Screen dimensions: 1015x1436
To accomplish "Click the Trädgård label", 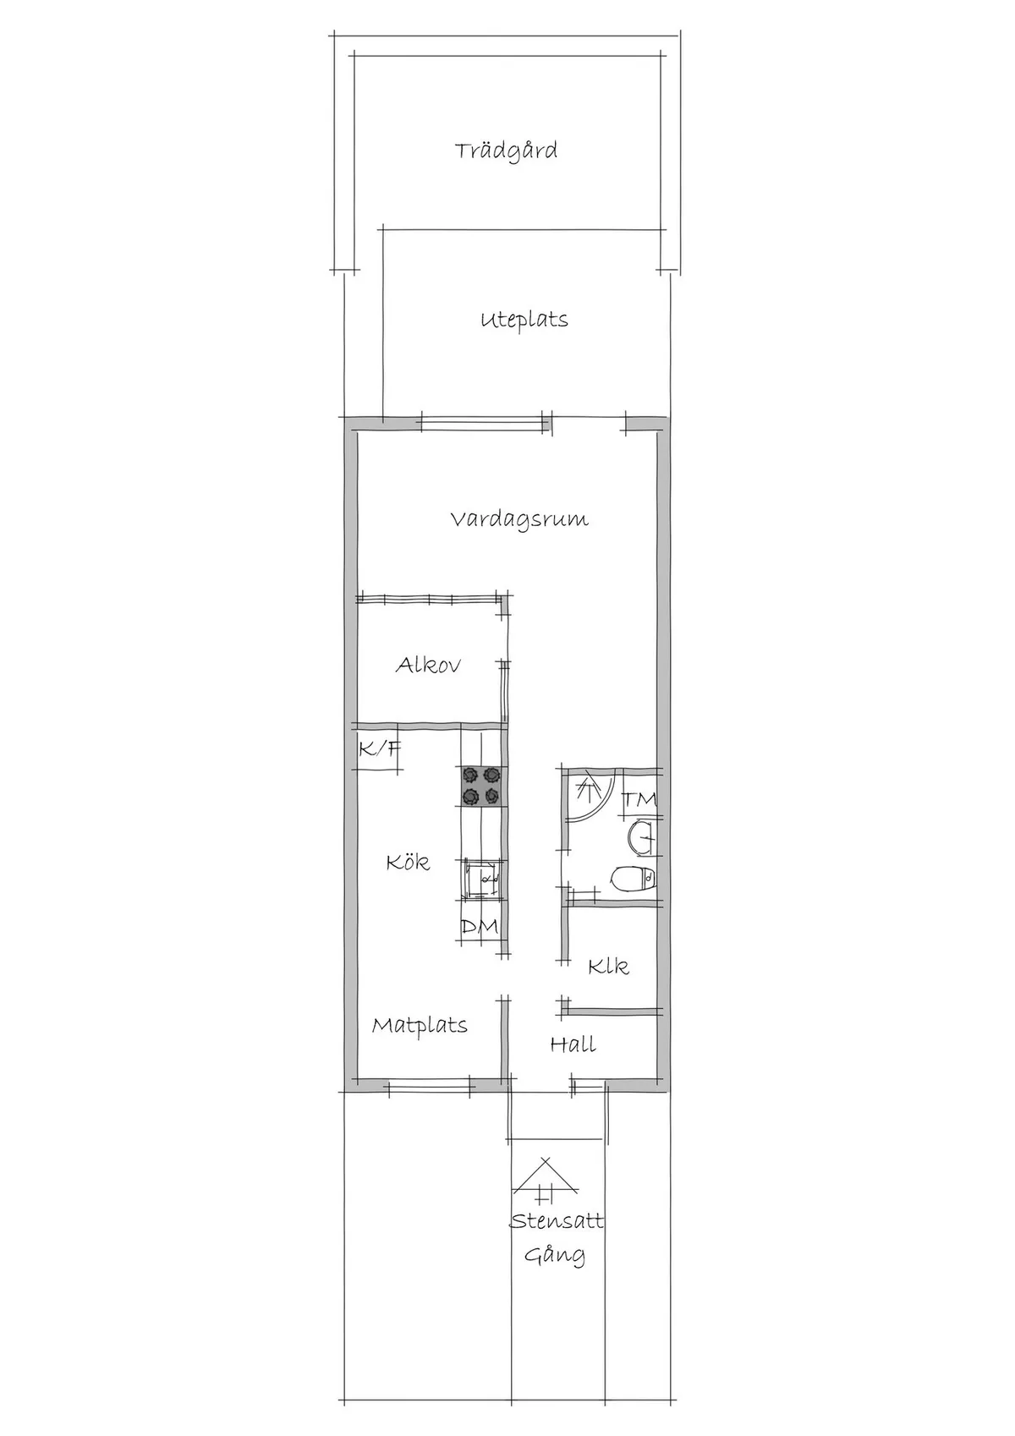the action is pyautogui.click(x=506, y=152).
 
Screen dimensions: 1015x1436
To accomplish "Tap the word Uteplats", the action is pyautogui.click(x=524, y=320).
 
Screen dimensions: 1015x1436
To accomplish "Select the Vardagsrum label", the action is pyautogui.click(x=519, y=520).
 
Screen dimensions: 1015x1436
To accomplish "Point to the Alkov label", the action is pyautogui.click(x=428, y=665).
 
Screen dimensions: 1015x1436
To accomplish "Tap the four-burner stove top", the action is pyautogui.click(x=483, y=786).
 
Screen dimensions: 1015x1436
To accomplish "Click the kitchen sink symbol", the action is pyautogui.click(x=482, y=880).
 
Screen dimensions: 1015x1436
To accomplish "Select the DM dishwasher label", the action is pyautogui.click(x=480, y=927).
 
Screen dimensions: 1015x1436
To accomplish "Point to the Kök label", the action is pyautogui.click(x=408, y=862).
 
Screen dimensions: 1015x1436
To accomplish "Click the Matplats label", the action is pyautogui.click(x=420, y=1027).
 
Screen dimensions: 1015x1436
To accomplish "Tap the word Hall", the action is pyautogui.click(x=573, y=1045).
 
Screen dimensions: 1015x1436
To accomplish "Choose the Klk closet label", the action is pyautogui.click(x=608, y=966).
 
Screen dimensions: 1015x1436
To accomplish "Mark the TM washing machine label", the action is pyautogui.click(x=640, y=799).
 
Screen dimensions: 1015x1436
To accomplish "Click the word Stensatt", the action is pyautogui.click(x=557, y=1221).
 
